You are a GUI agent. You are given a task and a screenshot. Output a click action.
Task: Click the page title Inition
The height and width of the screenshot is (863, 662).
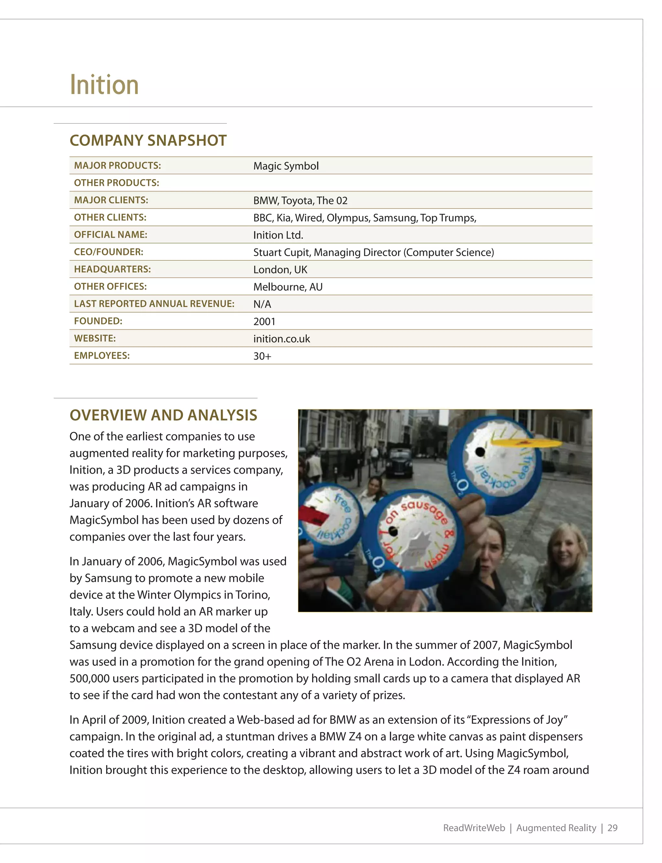pyautogui.click(x=104, y=85)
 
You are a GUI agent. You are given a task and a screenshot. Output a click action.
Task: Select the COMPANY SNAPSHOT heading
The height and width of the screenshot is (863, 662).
pyautogui.click(x=148, y=141)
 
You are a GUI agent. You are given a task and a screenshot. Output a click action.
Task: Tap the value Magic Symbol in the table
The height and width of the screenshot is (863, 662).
pyautogui.click(x=286, y=166)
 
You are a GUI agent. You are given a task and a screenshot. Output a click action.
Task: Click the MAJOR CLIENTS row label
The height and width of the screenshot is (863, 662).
pyautogui.click(x=111, y=200)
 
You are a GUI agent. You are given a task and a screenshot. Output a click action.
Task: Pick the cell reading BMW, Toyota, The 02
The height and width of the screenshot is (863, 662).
pyautogui.click(x=300, y=200)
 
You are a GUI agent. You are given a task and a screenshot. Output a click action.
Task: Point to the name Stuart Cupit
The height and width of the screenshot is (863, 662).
pyautogui.click(x=282, y=253)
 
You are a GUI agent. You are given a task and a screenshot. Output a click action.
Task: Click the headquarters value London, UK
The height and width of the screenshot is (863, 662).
pyautogui.click(x=280, y=270)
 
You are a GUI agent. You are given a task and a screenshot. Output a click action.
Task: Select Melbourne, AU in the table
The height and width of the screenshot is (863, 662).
pyautogui.click(x=288, y=287)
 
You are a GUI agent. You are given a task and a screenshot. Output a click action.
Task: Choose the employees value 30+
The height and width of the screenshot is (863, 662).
pyautogui.click(x=262, y=357)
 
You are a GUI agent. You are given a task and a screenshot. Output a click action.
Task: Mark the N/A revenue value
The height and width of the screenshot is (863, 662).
pyautogui.click(x=262, y=305)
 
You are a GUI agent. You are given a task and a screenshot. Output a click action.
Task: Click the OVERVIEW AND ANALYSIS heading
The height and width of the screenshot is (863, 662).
pyautogui.click(x=163, y=415)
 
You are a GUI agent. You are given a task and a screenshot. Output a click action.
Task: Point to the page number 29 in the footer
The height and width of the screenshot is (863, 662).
pyautogui.click(x=612, y=828)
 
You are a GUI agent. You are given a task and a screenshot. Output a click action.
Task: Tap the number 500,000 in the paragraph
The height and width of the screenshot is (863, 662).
pyautogui.click(x=90, y=679)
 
